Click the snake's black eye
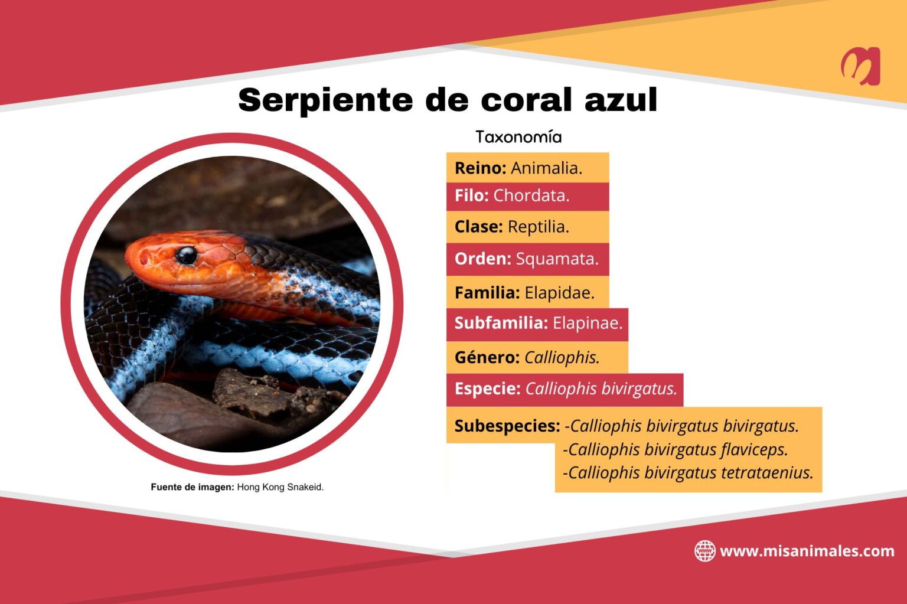point(186,255)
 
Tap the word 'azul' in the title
point(621,100)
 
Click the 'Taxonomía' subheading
point(518,137)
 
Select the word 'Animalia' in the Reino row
point(546,168)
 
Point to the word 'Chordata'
point(531,196)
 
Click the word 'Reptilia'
point(538,227)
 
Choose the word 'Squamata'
point(557,259)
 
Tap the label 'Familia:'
point(487,293)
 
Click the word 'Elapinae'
point(587,324)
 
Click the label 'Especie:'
point(487,389)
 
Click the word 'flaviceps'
point(754,450)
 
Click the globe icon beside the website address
point(704,551)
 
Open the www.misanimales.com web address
point(807,551)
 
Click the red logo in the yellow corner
point(860,66)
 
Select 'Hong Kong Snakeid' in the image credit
point(280,487)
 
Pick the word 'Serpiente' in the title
point(325,100)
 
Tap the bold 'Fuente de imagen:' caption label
point(193,487)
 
